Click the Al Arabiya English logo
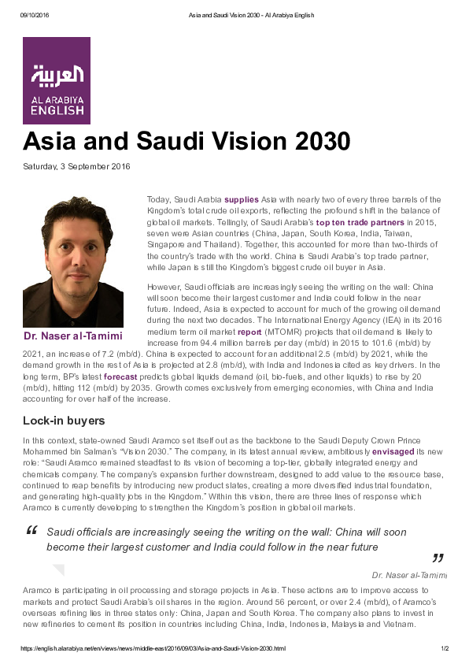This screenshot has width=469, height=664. click(57, 80)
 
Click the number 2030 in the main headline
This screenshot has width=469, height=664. click(315, 143)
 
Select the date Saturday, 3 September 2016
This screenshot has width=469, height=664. click(76, 167)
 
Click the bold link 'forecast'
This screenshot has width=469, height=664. click(120, 377)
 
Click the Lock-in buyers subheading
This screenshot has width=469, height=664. click(64, 421)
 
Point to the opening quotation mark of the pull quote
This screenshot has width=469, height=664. click(32, 530)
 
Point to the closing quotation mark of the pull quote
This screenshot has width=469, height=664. click(438, 558)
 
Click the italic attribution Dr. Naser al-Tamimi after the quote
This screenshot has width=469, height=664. click(408, 575)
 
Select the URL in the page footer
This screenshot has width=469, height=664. click(152, 648)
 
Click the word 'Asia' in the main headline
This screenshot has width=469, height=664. click(50, 143)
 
